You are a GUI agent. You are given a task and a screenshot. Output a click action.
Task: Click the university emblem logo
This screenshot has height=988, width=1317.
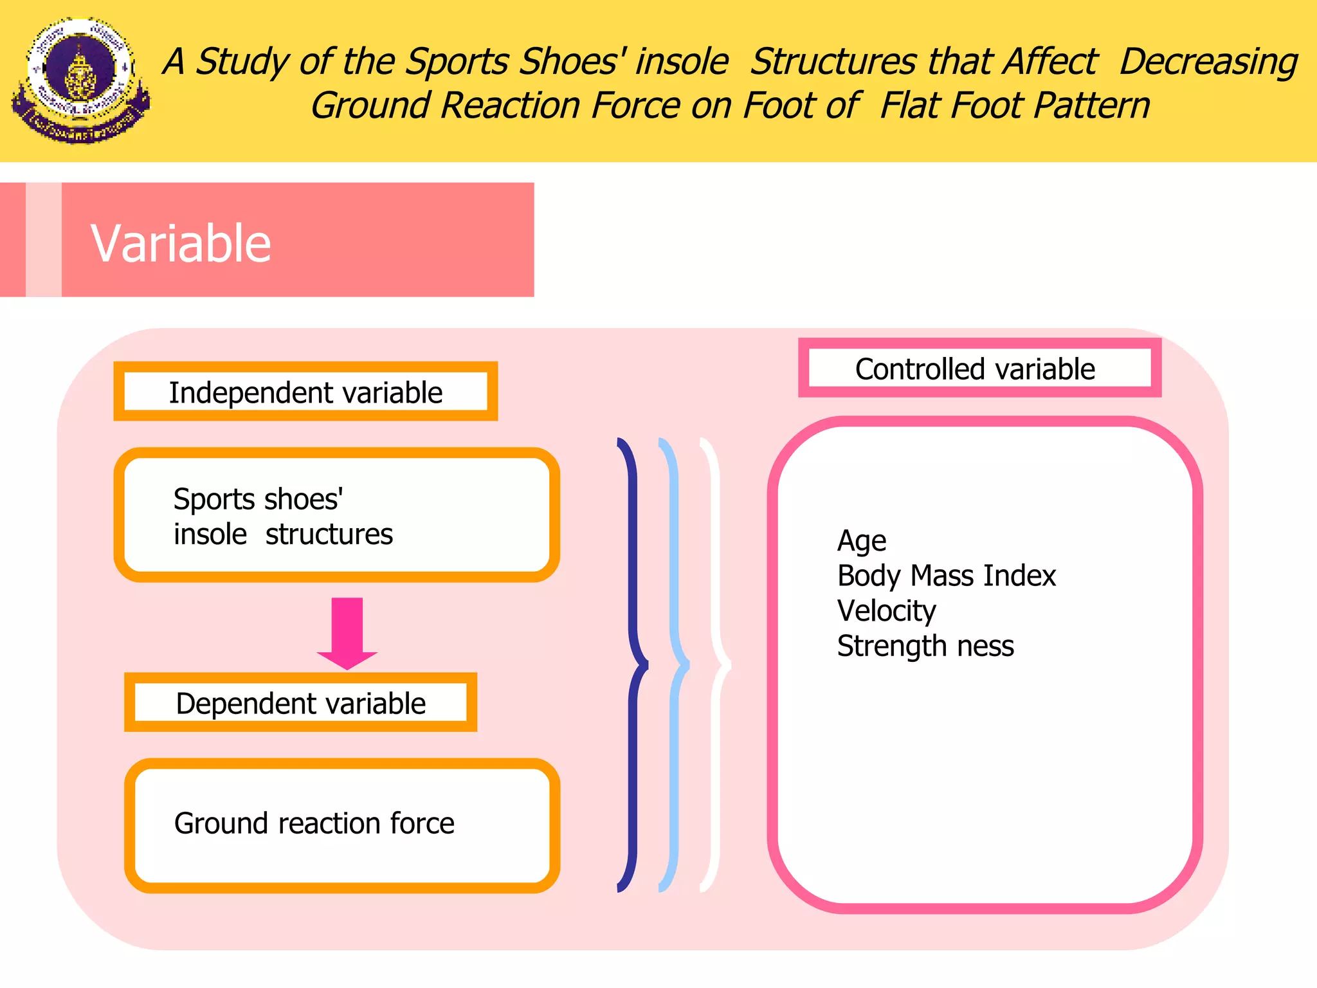coord(80,80)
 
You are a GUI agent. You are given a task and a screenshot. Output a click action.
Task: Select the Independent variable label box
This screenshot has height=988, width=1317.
coord(305,392)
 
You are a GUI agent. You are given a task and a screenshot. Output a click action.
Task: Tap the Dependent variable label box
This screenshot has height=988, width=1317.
coord(300,702)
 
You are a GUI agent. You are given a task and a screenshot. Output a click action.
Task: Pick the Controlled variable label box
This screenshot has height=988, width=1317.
coord(979,369)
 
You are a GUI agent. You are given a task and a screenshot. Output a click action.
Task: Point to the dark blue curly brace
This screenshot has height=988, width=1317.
coord(633,666)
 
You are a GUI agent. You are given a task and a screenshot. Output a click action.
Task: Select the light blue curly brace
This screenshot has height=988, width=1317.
coord(675,666)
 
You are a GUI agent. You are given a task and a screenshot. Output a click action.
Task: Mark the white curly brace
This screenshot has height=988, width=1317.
coord(716,666)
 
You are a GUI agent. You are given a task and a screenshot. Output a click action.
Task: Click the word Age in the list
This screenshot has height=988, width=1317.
coord(862,541)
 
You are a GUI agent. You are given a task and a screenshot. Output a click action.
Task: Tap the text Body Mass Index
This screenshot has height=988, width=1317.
coord(946,576)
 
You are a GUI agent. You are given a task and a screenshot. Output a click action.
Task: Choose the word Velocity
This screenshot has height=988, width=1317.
coord(886,610)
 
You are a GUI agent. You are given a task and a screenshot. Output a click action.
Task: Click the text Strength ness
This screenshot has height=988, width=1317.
coord(925,645)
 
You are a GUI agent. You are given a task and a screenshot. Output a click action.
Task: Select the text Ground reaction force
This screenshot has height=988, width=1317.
coord(314,823)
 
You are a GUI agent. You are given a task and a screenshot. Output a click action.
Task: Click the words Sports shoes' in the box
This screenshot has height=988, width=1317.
coord(258,499)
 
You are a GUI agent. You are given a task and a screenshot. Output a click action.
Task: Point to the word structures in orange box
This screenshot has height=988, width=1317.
coord(329,535)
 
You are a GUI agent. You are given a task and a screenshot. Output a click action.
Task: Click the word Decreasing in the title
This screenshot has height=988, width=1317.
coord(1208,62)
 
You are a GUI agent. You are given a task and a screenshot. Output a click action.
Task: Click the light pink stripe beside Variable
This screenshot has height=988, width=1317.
coord(43,239)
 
